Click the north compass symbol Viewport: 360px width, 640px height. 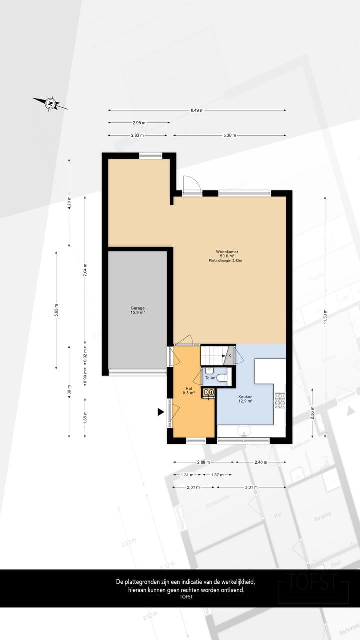pyautogui.click(x=50, y=104)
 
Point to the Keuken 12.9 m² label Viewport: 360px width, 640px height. pyautogui.click(x=245, y=398)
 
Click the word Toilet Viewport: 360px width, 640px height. pyautogui.click(x=210, y=378)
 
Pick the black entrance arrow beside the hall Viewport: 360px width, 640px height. pyautogui.click(x=161, y=412)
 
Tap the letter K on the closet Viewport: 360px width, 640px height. pyautogui.click(x=230, y=356)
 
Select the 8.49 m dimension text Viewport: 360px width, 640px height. pyautogui.click(x=197, y=110)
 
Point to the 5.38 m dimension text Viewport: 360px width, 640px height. pyautogui.click(x=230, y=135)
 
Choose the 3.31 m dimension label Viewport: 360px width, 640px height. pyautogui.click(x=252, y=487)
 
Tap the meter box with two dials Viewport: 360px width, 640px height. pyautogui.click(x=209, y=393)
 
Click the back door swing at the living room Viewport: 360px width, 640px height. pyautogui.click(x=191, y=185)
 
